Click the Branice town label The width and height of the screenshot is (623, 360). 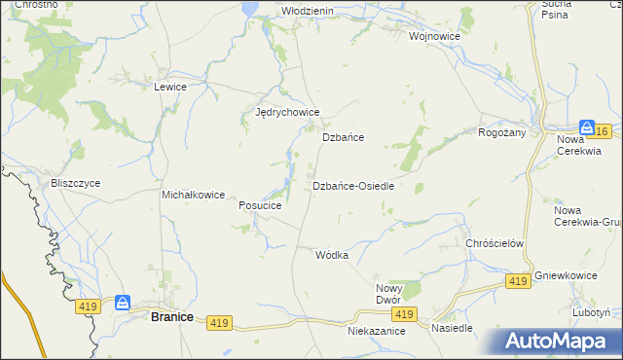[171, 316]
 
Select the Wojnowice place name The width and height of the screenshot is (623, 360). [434, 36]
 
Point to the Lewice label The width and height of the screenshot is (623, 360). [170, 87]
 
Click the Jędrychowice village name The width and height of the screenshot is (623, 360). [287, 113]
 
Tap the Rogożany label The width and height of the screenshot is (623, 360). [502, 132]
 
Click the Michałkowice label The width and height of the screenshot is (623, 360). [194, 195]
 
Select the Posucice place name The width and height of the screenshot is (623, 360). [260, 206]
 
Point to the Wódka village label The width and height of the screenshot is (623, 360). [332, 255]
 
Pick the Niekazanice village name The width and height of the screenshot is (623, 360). [376, 331]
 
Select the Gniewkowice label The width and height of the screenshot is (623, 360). [566, 276]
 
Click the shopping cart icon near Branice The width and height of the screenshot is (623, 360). [123, 303]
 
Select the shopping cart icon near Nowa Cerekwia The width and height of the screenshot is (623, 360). [587, 127]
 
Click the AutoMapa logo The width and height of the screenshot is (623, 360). [558, 341]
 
